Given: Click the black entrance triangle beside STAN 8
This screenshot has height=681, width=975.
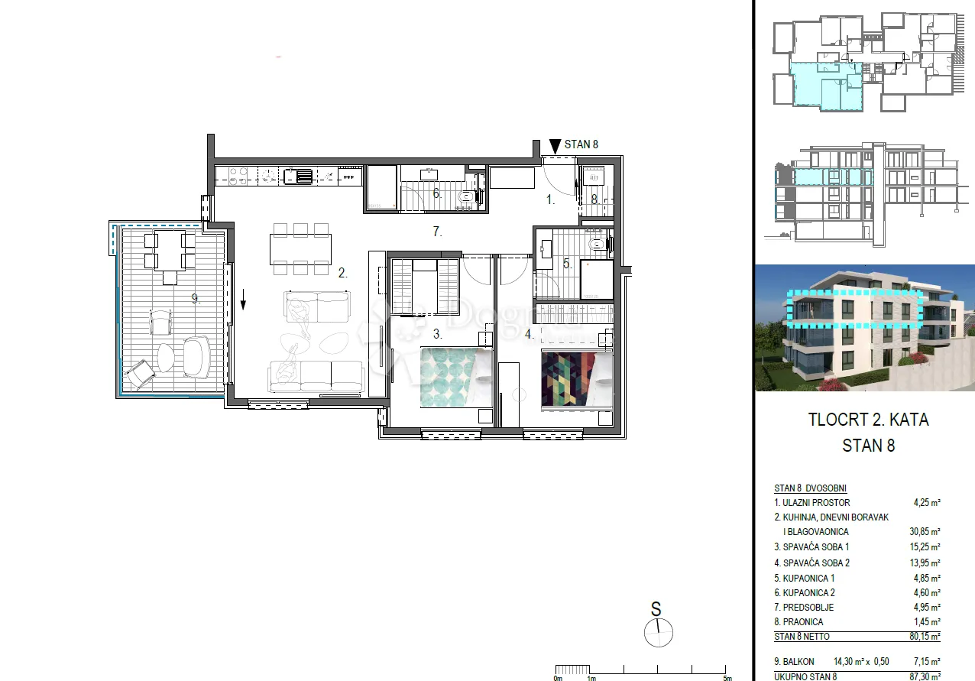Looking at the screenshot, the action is point(555,146).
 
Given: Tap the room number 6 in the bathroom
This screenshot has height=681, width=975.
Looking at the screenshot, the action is point(436,193).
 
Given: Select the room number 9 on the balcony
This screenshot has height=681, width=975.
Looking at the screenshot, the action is point(196,299).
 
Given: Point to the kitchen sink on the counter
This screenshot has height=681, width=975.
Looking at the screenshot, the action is point(298,176).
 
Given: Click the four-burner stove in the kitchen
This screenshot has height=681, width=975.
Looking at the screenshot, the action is point(238,177).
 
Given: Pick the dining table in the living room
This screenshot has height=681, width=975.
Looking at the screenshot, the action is point(300,249).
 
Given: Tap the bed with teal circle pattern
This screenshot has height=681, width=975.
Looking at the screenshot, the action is point(456,377).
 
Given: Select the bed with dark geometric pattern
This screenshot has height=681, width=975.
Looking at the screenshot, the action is point(577,379).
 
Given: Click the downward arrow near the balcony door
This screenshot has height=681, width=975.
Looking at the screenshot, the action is point(243,299).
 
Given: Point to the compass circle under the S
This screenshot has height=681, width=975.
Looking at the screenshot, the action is point(658,633).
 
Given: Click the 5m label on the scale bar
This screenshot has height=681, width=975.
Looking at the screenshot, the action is point(727,677).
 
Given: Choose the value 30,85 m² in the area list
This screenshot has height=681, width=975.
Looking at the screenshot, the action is point(925,532).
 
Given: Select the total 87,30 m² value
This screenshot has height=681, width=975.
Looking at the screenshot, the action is point(925,676).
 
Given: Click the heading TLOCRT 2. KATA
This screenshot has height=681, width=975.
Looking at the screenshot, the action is point(868,420).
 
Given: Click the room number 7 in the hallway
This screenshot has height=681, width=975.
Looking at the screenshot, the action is point(437,232).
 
